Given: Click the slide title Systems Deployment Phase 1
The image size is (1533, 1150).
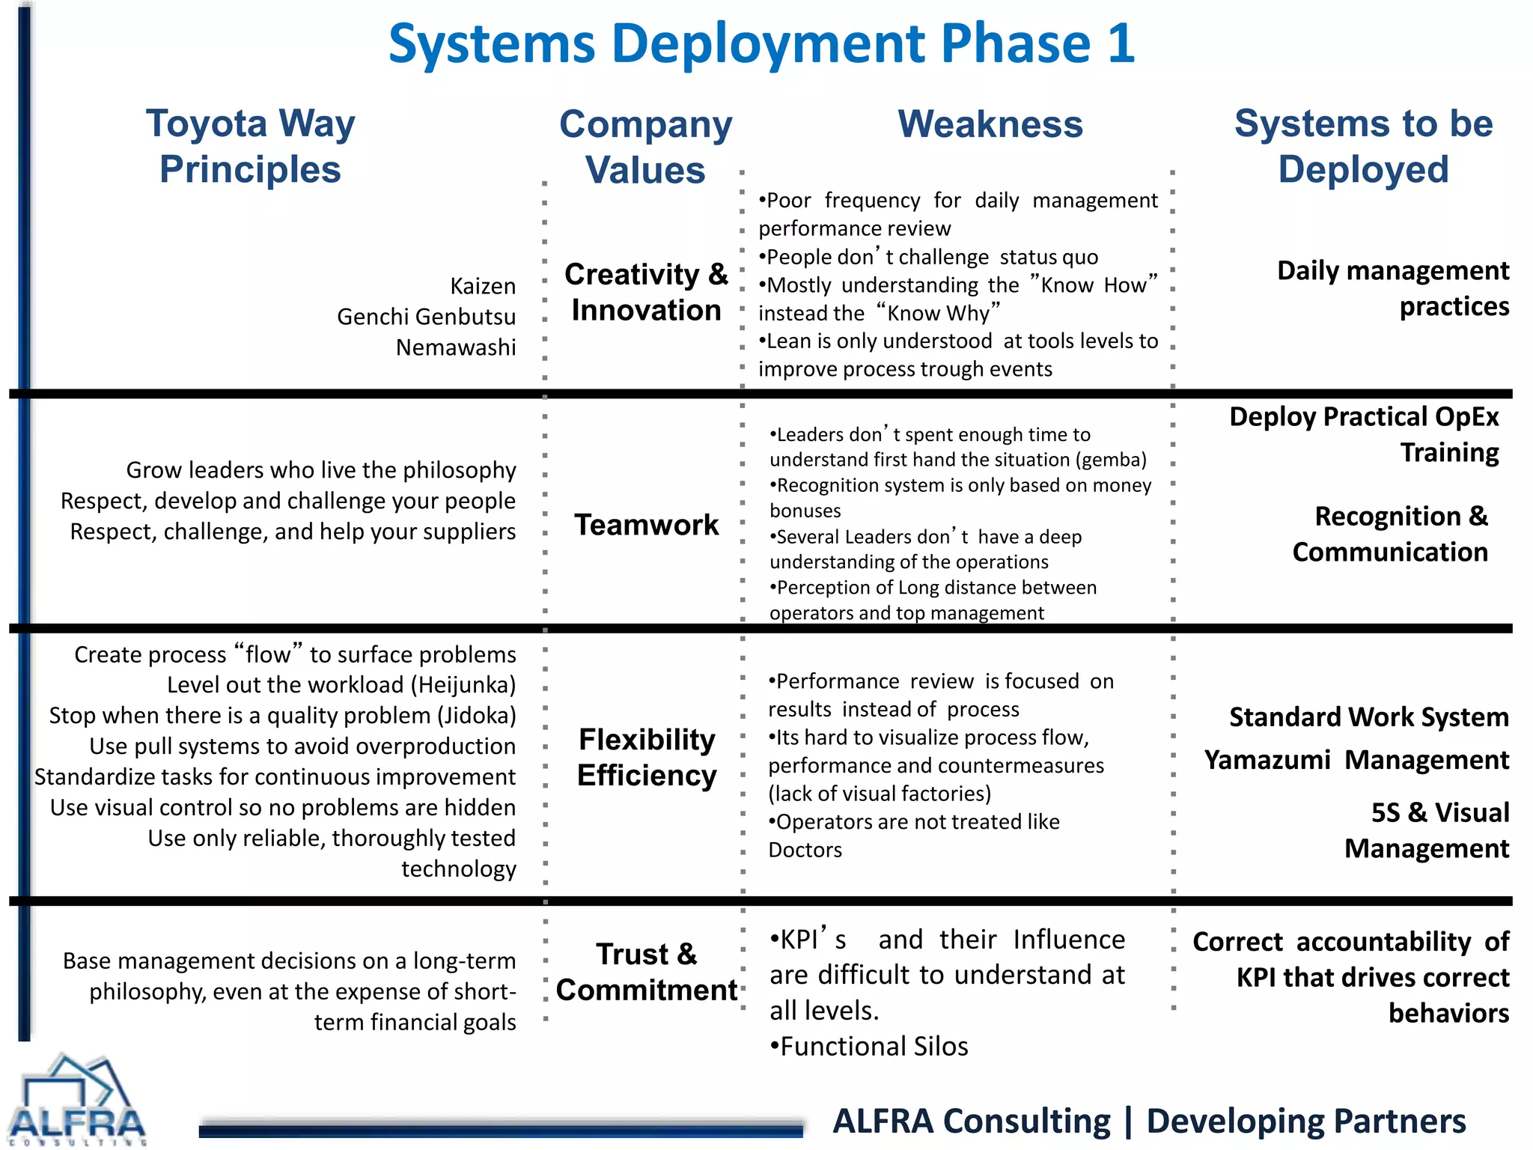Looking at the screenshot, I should click(761, 43).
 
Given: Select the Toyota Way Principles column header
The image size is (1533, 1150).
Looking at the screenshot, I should click(250, 146).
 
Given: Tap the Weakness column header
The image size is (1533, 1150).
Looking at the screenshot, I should click(990, 124).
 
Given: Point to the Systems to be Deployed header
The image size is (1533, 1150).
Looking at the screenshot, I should click(1363, 146).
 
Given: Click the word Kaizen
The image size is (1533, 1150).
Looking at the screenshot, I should click(483, 286).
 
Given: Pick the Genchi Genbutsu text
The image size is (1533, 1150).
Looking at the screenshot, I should click(426, 317).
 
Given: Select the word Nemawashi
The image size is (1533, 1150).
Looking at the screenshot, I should click(456, 347).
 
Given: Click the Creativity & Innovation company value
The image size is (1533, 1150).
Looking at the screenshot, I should click(646, 292).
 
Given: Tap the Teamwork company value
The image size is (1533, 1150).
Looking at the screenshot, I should click(646, 525).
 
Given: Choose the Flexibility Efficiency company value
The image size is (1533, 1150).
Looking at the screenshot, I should click(647, 757).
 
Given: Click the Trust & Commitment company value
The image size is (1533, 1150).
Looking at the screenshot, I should click(647, 972).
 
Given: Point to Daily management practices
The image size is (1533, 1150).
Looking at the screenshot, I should click(1393, 288).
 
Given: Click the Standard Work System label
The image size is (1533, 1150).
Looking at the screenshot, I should click(1368, 717).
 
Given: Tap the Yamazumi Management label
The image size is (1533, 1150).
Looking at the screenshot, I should click(1356, 760).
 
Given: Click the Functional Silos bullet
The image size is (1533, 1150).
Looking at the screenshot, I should click(869, 1046).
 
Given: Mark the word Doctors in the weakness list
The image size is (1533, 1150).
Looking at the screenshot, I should click(805, 850).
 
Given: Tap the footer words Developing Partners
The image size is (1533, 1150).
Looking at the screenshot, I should click(1305, 1122).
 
